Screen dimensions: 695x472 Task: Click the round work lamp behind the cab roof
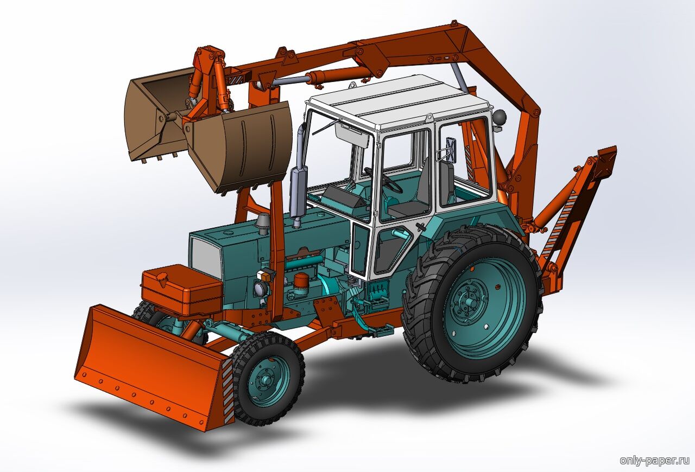click(499, 118)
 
